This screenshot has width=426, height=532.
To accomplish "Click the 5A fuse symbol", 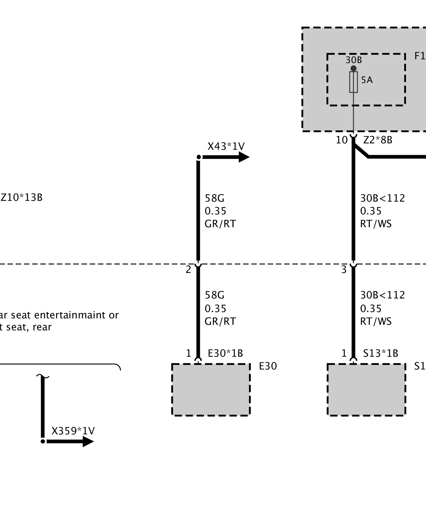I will [353, 82].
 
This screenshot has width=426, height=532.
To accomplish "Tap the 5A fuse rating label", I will [367, 80].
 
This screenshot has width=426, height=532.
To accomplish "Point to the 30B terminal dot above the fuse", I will [353, 68].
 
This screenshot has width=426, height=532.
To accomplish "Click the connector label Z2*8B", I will [378, 140].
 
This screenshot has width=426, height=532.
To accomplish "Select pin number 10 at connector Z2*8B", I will [342, 140].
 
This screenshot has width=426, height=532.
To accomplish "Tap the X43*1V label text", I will [226, 146].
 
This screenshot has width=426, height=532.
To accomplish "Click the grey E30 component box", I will [211, 389].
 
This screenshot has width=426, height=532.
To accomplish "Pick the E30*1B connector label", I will [225, 353].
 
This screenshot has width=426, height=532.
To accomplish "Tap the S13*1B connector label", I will [380, 353].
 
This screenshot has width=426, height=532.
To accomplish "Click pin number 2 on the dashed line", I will [188, 270].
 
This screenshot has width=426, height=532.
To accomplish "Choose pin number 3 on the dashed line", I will [344, 270].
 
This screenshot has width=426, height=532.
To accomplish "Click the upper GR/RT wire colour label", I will [220, 224].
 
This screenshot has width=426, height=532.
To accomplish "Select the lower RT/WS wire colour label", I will [376, 321].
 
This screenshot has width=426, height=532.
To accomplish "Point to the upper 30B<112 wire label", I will [382, 198].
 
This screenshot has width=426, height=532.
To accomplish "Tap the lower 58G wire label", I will [214, 295].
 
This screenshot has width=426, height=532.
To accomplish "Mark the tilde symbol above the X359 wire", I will [43, 376].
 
